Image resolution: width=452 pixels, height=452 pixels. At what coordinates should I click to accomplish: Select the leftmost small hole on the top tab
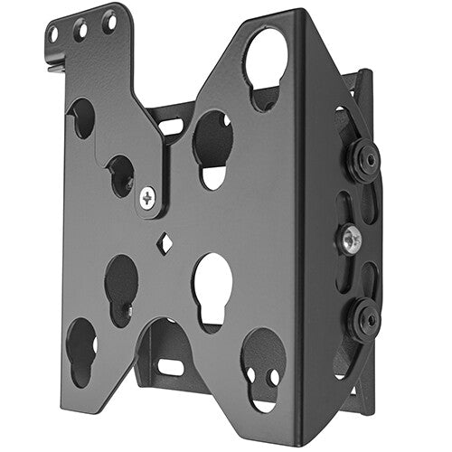click(x=52, y=35)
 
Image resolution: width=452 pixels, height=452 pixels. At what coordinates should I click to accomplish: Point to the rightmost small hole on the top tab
click(x=108, y=19)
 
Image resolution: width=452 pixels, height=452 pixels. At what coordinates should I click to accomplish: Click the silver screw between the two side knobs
click(x=351, y=240)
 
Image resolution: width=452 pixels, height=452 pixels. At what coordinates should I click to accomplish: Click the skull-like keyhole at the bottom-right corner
click(x=262, y=355)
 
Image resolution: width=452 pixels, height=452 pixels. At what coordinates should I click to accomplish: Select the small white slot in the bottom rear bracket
click(x=171, y=367)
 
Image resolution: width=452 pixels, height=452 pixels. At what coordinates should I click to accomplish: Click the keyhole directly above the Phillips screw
click(x=120, y=174)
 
